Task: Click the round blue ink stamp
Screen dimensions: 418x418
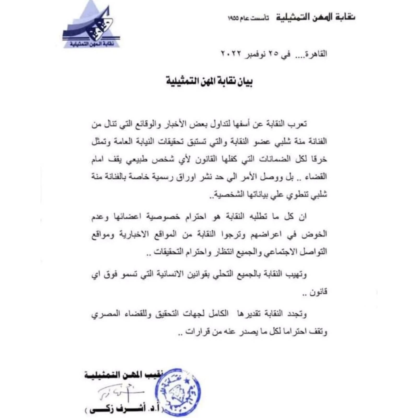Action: [178, 391]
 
